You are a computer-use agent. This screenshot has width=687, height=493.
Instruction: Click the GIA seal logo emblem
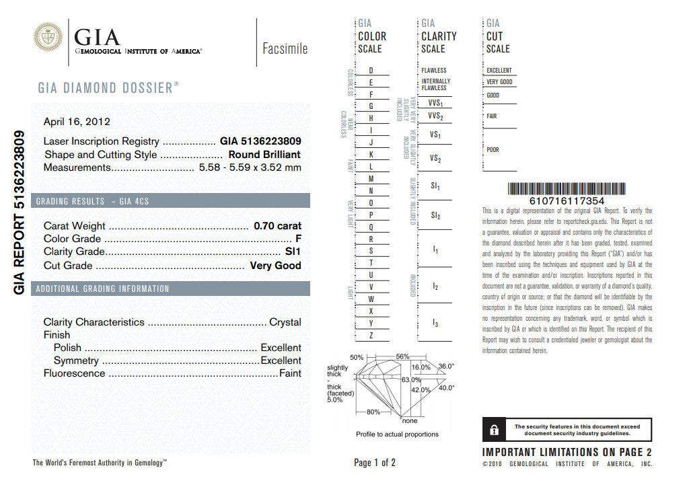click(47, 39)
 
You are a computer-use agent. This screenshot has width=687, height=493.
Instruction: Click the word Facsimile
click(285, 48)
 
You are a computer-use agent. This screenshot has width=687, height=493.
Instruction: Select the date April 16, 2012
click(77, 122)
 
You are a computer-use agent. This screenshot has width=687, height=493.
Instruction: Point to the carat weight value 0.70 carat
click(277, 226)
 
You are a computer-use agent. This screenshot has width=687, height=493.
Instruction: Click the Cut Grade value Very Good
click(275, 266)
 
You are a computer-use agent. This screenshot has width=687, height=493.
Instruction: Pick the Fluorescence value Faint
click(290, 373)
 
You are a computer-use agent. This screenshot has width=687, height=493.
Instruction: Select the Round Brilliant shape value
click(264, 155)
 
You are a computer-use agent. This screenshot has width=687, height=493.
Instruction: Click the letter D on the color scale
click(371, 71)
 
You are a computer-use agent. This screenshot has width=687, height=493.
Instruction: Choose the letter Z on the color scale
click(371, 335)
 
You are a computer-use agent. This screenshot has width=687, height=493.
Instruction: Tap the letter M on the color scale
click(371, 179)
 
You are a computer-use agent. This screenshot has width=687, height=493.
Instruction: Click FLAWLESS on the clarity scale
click(434, 71)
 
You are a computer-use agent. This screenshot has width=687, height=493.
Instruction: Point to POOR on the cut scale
click(493, 150)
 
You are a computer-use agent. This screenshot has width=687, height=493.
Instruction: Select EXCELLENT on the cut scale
click(499, 71)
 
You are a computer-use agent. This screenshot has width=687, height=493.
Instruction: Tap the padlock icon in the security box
click(494, 429)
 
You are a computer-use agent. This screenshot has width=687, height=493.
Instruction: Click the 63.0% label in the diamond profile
click(411, 380)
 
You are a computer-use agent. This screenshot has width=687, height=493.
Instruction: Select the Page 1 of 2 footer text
click(375, 463)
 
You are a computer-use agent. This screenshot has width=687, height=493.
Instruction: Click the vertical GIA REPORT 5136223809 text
click(20, 212)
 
